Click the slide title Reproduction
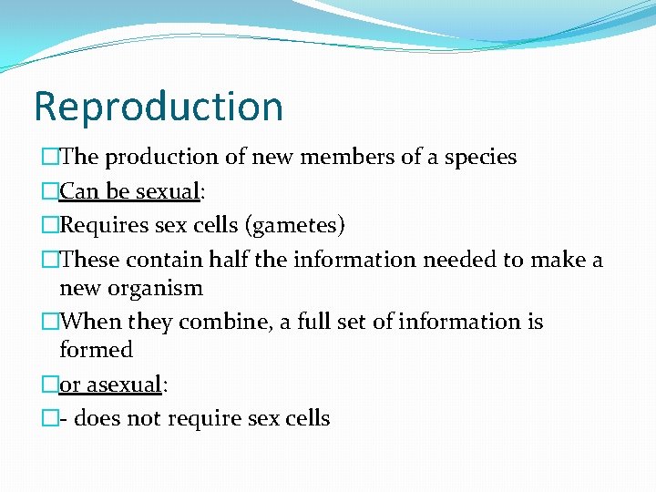click(x=159, y=107)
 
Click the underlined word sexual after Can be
click(x=168, y=191)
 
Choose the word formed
click(x=96, y=350)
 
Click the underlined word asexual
click(x=124, y=384)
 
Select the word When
click(x=91, y=322)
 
